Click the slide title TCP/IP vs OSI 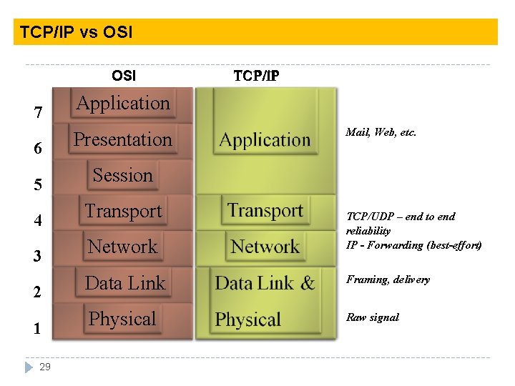(76, 32)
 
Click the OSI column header (124, 76)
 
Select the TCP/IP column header (256, 76)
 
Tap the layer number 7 (39, 113)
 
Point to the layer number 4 (39, 221)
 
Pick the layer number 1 (37, 329)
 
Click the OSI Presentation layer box (123, 139)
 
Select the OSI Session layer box (123, 175)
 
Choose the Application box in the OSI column (123, 104)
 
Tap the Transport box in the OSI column (123, 212)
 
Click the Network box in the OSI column (122, 247)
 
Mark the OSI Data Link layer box (124, 283)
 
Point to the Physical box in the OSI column (122, 319)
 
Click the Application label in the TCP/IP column (265, 140)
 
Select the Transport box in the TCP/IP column (265, 211)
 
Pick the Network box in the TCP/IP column (265, 247)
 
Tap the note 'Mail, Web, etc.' (381, 132)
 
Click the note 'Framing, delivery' (388, 279)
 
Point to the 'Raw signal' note (372, 317)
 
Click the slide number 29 (45, 367)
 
